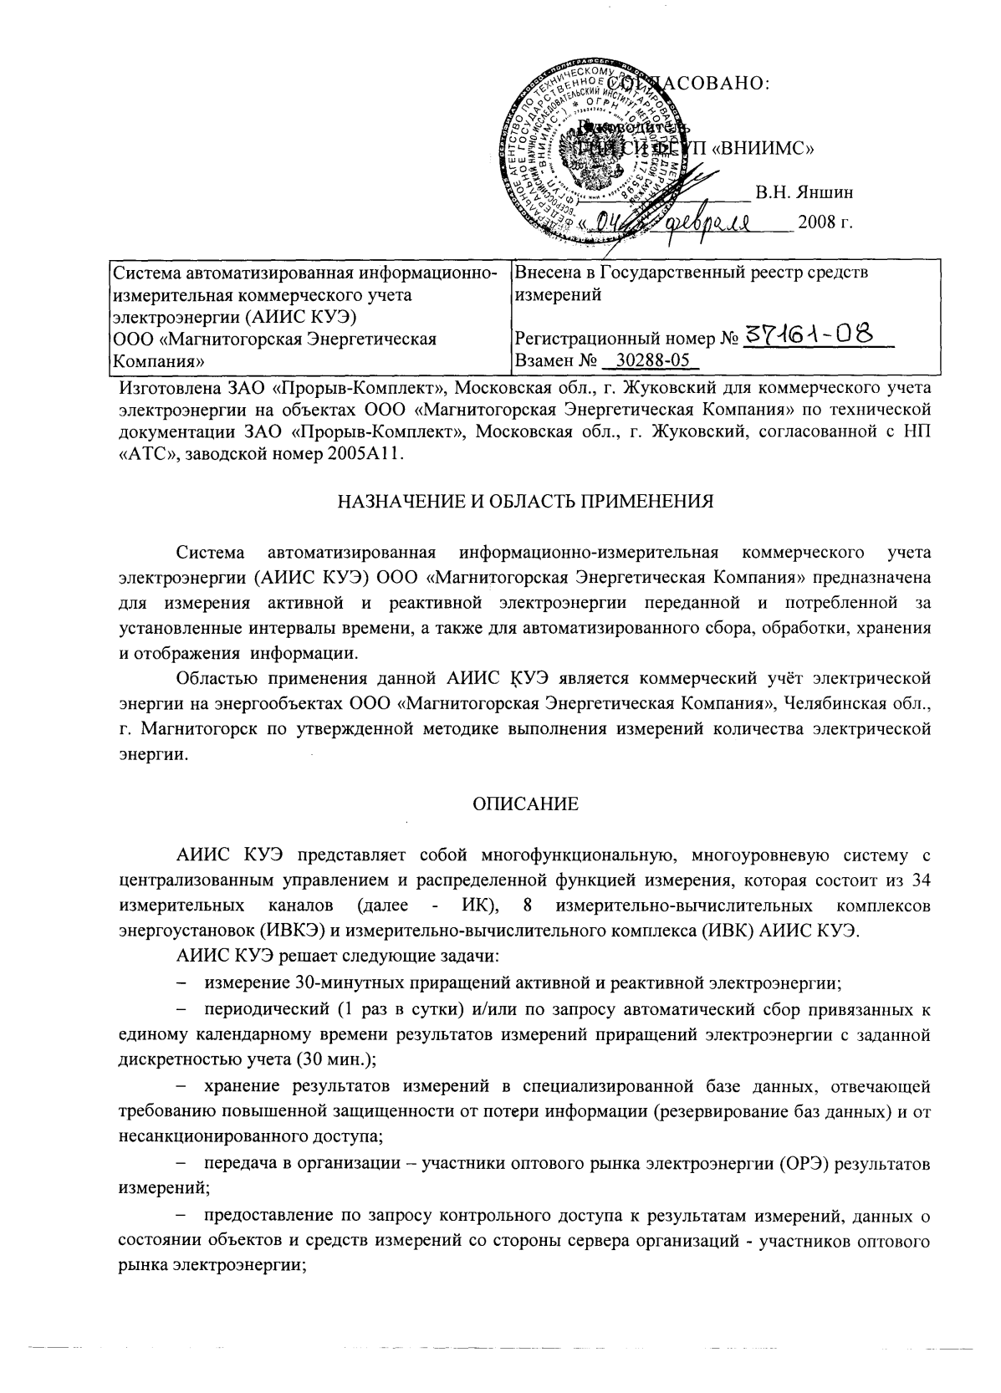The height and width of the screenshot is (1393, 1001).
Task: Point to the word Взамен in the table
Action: pyautogui.click(x=544, y=361)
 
